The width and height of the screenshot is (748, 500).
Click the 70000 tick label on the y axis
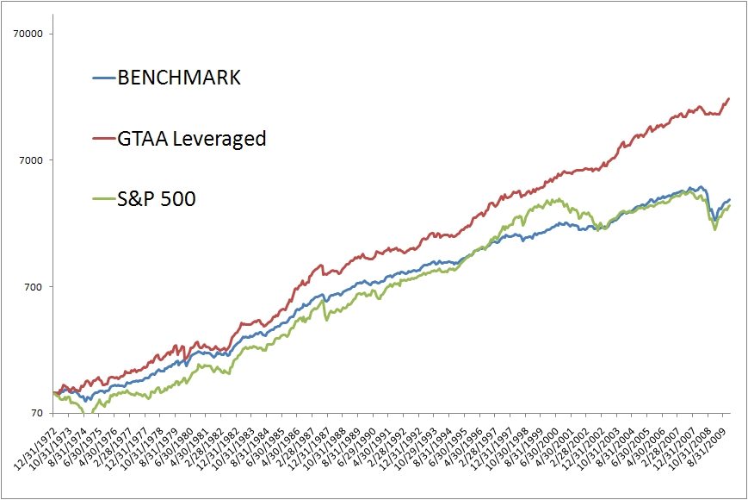click(x=34, y=34)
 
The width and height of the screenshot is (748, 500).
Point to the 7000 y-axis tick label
click(x=36, y=160)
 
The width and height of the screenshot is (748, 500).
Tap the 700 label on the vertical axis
click(x=40, y=287)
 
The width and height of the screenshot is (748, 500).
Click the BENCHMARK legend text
click(x=178, y=78)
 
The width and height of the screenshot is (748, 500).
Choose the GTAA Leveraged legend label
click(x=192, y=138)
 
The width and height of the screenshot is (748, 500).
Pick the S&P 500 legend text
click(x=158, y=199)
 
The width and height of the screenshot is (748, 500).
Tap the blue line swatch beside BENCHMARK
click(x=103, y=78)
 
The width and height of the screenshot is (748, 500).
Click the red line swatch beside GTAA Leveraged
click(x=103, y=139)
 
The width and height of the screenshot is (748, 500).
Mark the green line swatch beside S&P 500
click(x=103, y=200)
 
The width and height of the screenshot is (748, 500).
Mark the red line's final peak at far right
click(x=729, y=98)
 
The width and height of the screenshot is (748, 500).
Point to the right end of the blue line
click(x=730, y=200)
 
